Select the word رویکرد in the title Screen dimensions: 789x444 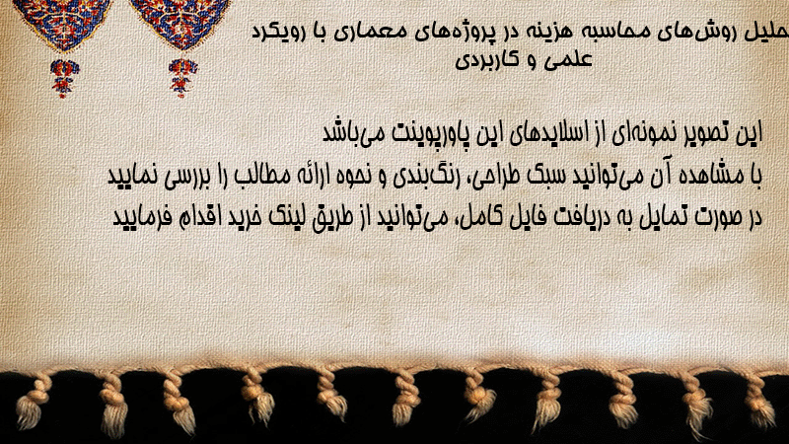pos(275,33)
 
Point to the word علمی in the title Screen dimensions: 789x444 pos(572,60)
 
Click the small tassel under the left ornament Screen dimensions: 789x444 pos(64,78)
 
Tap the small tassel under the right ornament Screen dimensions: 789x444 pos(182,77)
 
